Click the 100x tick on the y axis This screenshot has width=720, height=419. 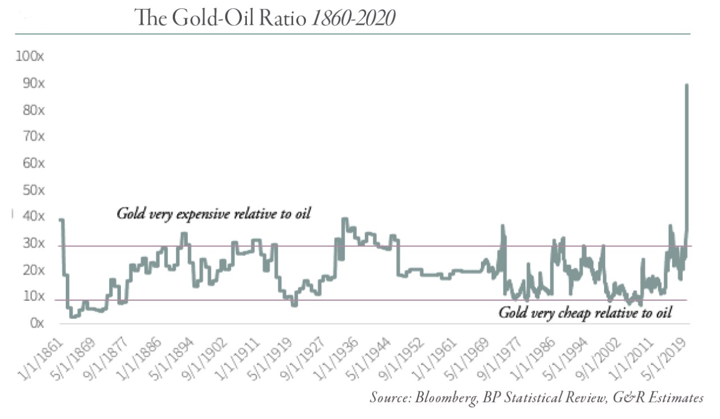(33, 57)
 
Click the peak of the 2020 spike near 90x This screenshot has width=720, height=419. (687, 85)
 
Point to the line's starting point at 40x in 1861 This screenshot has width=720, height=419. (60, 220)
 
